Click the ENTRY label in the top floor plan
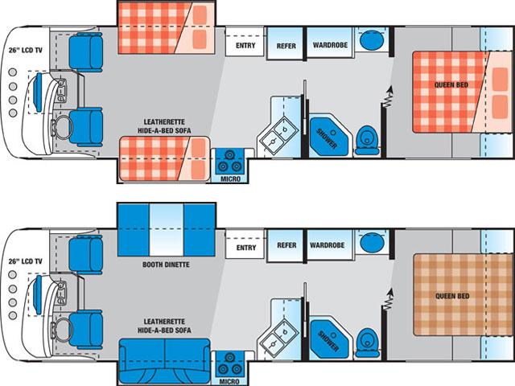[x=245, y=46]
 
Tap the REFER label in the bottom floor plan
[x=286, y=245]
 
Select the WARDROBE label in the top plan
[x=330, y=45]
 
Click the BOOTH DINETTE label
[x=166, y=265]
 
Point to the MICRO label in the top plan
[x=230, y=179]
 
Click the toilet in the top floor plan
[x=367, y=141]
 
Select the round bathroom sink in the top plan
[x=372, y=40]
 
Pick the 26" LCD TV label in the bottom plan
[x=26, y=261]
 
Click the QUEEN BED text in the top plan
[x=451, y=85]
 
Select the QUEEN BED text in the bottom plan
[x=452, y=296]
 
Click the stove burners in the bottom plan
[x=229, y=364]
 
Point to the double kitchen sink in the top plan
[x=279, y=135]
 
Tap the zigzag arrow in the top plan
[x=389, y=96]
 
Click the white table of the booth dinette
[x=167, y=230]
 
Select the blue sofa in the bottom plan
[x=164, y=361]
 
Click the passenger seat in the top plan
[x=86, y=52]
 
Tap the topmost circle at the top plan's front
[x=13, y=72]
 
